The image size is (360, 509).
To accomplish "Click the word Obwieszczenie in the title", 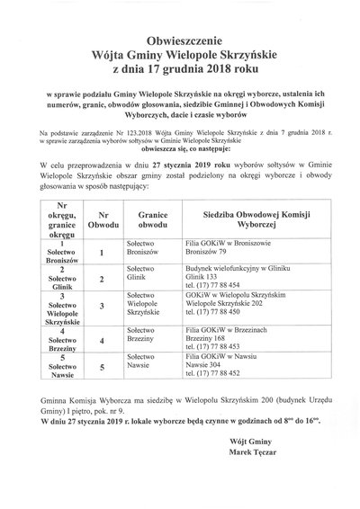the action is pos(181,41).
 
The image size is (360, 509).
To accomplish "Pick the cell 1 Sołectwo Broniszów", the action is pos(62,250).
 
